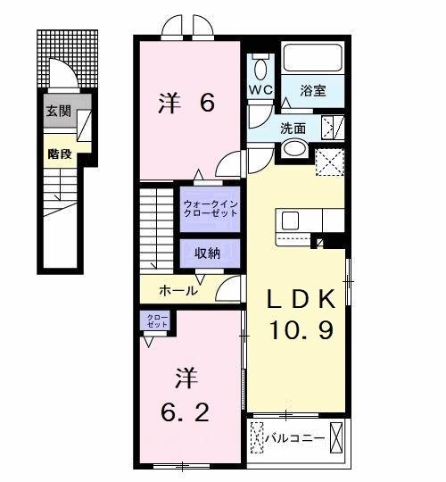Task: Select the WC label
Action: pyautogui.click(x=260, y=91)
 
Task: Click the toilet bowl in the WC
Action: pyautogui.click(x=261, y=68)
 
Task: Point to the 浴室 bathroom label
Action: pyautogui.click(x=312, y=90)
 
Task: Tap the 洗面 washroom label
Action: pyautogui.click(x=294, y=128)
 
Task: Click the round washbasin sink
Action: pyautogui.click(x=295, y=149)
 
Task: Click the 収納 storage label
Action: pyautogui.click(x=208, y=253)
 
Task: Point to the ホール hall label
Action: pyautogui.click(x=178, y=290)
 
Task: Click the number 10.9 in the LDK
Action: pyautogui.click(x=303, y=331)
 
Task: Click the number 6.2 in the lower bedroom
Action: pyautogui.click(x=186, y=413)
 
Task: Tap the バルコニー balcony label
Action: pyautogui.click(x=298, y=438)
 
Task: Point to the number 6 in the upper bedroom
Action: pyautogui.click(x=207, y=104)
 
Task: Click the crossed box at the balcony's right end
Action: pyautogui.click(x=337, y=438)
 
